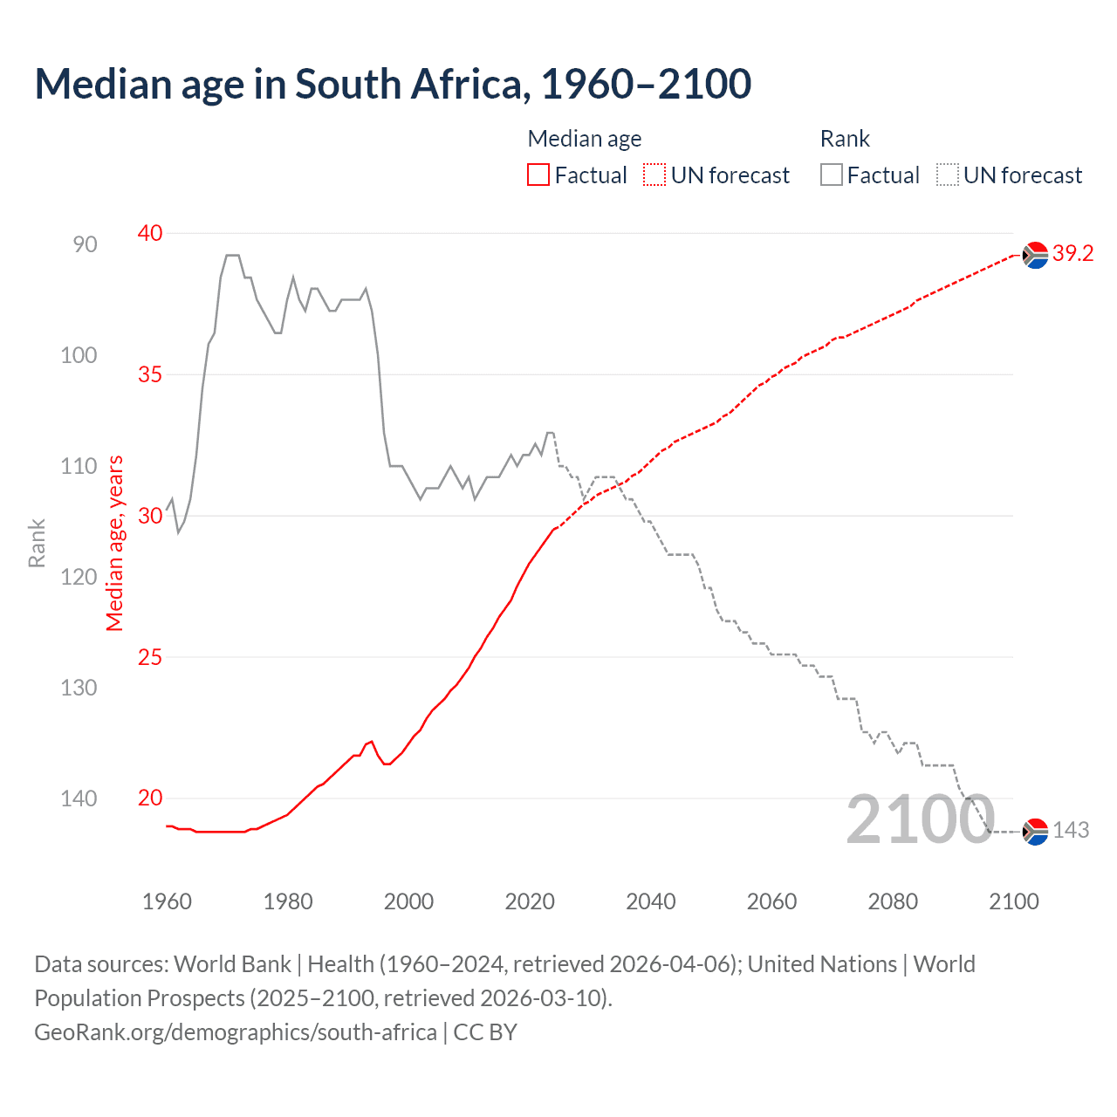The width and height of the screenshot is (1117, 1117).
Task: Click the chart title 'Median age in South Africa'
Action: (393, 85)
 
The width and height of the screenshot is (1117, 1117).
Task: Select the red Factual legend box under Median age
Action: (538, 175)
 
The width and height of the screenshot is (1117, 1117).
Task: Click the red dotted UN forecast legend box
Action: (654, 175)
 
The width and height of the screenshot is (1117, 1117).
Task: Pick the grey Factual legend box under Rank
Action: (832, 175)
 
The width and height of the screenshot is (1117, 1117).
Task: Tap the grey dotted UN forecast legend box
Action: (948, 175)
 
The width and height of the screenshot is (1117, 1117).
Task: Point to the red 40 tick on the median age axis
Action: (150, 233)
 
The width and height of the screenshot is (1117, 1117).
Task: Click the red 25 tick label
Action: (150, 657)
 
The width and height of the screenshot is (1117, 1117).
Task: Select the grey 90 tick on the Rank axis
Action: (85, 244)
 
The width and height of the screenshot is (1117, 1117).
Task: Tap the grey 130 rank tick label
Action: (79, 688)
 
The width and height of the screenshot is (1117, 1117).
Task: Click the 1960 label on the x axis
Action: (167, 901)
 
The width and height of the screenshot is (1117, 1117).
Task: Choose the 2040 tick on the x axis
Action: (651, 901)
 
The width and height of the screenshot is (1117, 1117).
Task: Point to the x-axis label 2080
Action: (893, 901)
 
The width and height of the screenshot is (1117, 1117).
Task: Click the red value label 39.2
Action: (1072, 254)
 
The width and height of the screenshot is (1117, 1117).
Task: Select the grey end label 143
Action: (1071, 831)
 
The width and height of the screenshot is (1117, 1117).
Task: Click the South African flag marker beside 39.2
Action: (1035, 255)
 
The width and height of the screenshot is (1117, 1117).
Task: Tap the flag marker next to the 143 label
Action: (1035, 832)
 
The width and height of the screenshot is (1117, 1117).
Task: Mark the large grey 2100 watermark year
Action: (921, 819)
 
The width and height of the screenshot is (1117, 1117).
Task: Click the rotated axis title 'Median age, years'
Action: (115, 543)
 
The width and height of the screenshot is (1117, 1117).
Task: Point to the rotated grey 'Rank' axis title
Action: (37, 543)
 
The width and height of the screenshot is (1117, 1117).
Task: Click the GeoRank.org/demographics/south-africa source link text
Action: (236, 1032)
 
